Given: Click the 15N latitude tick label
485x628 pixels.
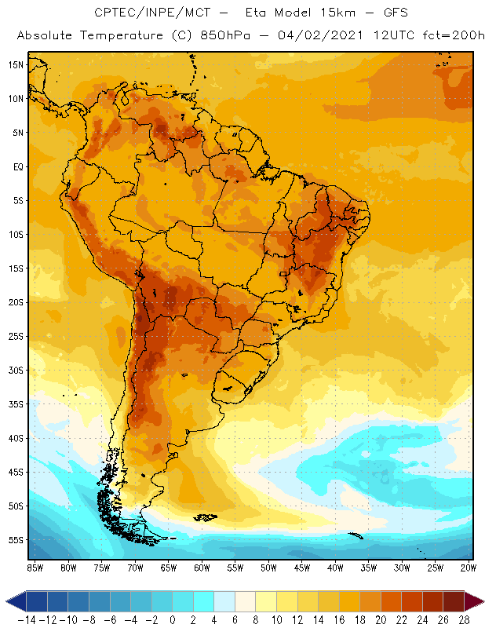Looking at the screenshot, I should [16, 64].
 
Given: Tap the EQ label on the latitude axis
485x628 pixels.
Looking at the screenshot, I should [17, 166].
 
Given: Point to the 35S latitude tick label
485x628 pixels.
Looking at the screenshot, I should [16, 404].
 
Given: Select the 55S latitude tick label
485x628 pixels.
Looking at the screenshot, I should [16, 540].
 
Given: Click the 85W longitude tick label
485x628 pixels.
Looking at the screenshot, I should [35, 567].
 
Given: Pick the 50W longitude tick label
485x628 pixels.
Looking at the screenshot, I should [268, 567].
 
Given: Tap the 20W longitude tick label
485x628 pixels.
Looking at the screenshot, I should [469, 567].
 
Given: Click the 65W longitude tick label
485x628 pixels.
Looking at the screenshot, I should [168, 567].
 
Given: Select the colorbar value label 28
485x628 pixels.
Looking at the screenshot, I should [464, 620].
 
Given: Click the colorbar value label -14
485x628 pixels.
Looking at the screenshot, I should [26, 620].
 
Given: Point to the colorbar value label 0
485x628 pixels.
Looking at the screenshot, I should [173, 620].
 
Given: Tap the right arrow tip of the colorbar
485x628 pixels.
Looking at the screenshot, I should [480, 601].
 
